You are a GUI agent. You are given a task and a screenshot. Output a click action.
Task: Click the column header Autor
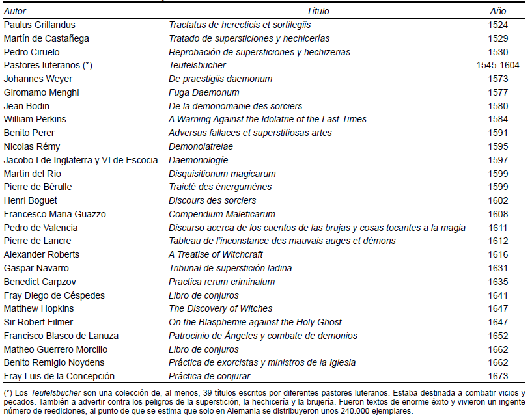click(x=15, y=11)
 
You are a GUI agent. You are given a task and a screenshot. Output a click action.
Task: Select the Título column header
click(x=318, y=11)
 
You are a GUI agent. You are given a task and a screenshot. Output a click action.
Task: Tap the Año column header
click(x=497, y=11)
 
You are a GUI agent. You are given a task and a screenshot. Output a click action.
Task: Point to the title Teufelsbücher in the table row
click(x=197, y=65)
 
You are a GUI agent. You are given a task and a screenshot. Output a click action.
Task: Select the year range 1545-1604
click(x=497, y=65)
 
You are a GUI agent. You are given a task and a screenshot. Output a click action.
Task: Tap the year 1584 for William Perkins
click(x=497, y=119)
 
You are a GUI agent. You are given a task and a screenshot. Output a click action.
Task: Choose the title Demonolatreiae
click(x=201, y=146)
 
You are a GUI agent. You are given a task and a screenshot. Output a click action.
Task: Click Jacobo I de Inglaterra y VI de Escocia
click(x=81, y=160)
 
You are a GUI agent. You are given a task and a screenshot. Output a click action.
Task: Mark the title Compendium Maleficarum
click(x=222, y=214)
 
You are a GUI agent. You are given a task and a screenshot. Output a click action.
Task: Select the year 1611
click(x=497, y=228)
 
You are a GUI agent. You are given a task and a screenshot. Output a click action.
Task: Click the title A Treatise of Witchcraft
click(x=216, y=254)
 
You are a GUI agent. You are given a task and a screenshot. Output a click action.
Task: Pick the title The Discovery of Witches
click(x=220, y=308)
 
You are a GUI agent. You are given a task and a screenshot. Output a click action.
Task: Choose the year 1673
click(x=497, y=376)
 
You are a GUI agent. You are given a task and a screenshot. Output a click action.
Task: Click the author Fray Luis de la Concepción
click(x=59, y=376)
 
